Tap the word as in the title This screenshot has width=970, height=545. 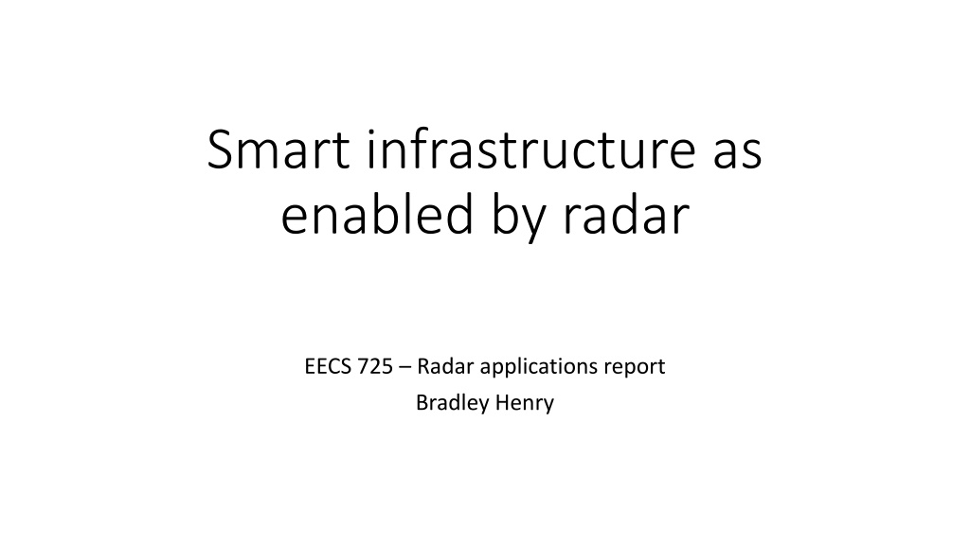click(737, 154)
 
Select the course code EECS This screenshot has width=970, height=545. click(327, 366)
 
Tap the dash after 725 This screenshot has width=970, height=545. click(404, 368)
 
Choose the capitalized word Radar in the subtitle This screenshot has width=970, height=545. click(445, 366)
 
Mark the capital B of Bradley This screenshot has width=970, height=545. click(422, 403)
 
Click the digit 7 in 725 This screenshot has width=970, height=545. click(363, 366)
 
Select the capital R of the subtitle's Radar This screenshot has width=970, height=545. click(423, 366)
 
